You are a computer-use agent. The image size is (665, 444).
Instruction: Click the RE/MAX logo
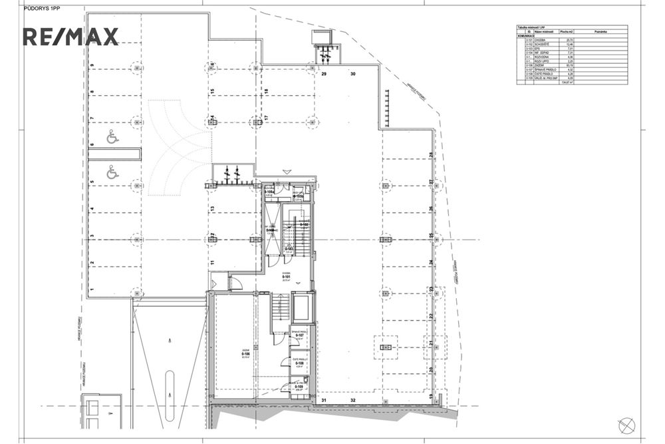point(70,37)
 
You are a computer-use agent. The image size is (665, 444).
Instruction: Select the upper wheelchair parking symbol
point(112,138)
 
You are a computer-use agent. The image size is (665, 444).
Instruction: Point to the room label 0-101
point(287,276)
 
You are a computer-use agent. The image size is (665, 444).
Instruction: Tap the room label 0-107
point(300,335)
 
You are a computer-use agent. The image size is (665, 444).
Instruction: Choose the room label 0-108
point(300,363)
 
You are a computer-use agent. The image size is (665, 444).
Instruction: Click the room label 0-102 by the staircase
point(304,224)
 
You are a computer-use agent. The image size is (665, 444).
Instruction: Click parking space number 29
point(325,75)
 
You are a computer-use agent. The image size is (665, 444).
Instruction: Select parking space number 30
point(353,75)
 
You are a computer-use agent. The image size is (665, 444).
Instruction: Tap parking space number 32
point(353,400)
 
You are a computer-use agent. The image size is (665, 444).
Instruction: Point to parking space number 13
point(211,209)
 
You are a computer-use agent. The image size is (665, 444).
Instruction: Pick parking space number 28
point(431,156)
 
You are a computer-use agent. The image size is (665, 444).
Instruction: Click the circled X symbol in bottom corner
point(626,424)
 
